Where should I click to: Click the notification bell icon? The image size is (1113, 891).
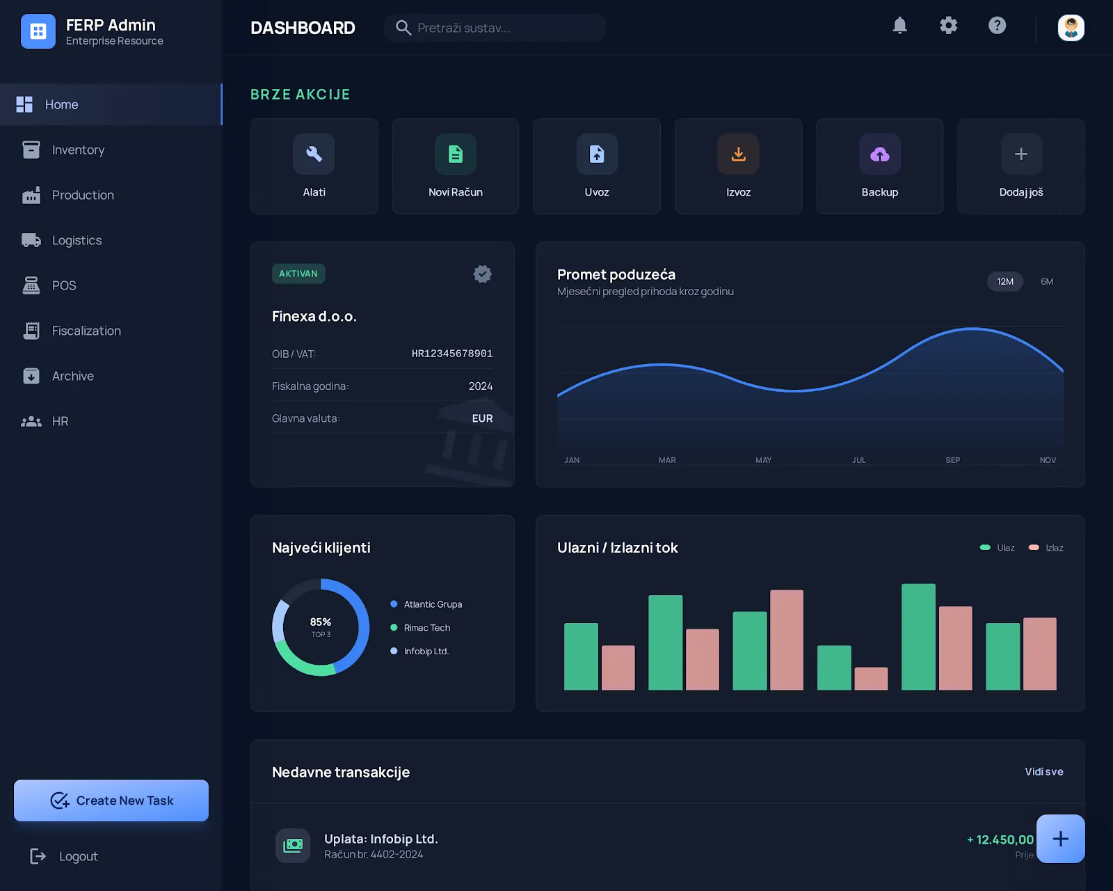899,26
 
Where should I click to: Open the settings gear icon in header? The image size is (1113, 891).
948,26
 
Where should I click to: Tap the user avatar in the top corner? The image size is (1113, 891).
1071,28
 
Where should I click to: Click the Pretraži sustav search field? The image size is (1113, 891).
495,28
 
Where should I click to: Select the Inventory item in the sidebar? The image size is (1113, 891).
78,150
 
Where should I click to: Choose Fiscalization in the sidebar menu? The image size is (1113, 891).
86,331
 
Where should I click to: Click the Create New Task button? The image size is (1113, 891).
111,801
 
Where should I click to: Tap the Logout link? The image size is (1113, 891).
77,856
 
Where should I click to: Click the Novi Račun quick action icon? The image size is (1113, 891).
455,155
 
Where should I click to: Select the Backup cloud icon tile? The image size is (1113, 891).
879,155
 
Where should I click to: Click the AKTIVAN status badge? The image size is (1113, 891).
298,274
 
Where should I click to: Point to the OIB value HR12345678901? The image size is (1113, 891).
451,354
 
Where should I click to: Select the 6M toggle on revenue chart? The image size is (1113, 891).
1046,281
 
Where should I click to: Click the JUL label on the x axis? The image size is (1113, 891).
858,460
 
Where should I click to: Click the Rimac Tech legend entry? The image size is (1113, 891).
426,628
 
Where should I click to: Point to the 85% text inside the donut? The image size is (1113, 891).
321,622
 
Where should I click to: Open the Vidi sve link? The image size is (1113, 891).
1043,771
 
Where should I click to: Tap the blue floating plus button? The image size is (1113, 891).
1060,839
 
